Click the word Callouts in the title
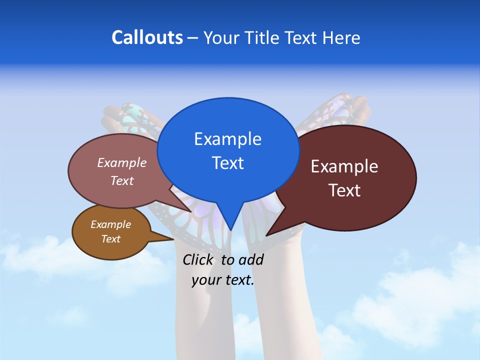(147, 37)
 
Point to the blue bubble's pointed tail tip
(230, 229)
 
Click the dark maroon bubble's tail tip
(267, 234)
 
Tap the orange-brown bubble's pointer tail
(170, 239)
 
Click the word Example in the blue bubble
(227, 139)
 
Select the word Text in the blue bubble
(227, 163)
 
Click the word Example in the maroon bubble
(344, 166)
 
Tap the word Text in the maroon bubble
(344, 190)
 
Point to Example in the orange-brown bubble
(111, 224)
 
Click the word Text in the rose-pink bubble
(122, 181)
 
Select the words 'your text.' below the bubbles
(223, 280)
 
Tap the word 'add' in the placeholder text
(250, 259)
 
